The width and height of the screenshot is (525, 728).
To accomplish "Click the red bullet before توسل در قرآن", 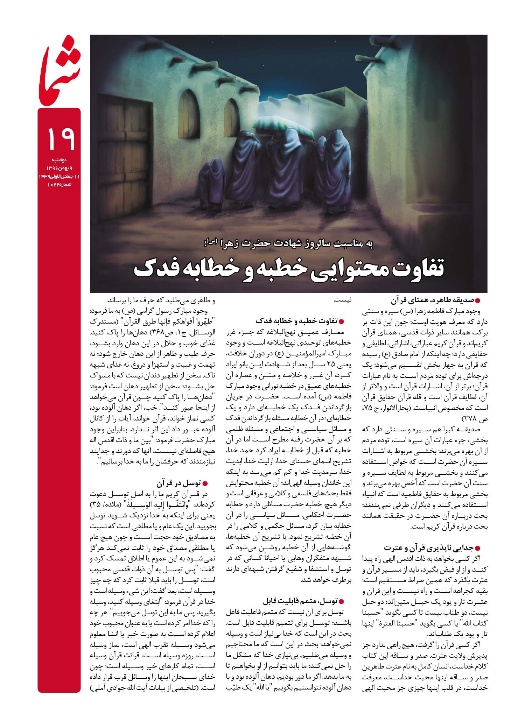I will point(205,484).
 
